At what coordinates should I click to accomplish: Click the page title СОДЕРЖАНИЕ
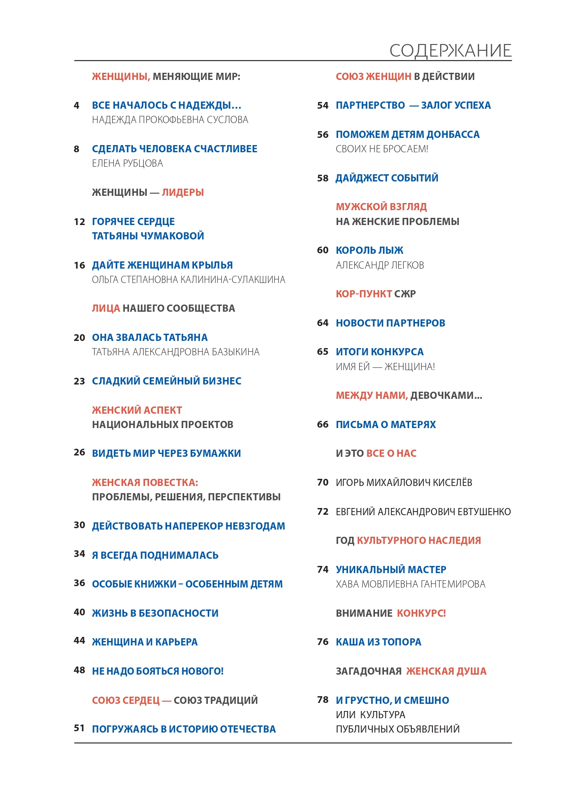[450, 51]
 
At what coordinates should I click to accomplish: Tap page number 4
[76, 106]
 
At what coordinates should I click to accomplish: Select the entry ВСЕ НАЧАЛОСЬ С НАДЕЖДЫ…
[167, 106]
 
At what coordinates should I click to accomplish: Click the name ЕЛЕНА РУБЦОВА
[128, 163]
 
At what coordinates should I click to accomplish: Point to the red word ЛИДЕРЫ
[183, 193]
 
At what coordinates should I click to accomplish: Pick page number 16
[79, 265]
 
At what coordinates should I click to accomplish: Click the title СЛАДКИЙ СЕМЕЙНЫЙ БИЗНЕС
[167, 381]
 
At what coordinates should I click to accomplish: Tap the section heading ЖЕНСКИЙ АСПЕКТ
[137, 410]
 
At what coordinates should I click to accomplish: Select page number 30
[79, 525]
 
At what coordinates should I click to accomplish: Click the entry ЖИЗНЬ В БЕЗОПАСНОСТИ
[155, 614]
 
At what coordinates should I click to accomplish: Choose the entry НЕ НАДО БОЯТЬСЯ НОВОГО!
[158, 671]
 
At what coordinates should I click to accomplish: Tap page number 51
[79, 728]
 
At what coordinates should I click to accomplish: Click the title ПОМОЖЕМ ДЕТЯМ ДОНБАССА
[407, 135]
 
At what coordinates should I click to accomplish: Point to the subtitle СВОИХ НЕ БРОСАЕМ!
[382, 149]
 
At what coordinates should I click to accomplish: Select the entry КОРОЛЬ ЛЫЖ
[370, 251]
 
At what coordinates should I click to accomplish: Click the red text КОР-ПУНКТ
[364, 294]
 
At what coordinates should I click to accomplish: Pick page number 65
[323, 352]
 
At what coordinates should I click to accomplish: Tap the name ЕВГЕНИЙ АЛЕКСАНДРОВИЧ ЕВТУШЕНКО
[423, 512]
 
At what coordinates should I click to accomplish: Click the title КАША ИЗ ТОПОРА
[379, 642]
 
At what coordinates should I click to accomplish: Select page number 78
[323, 700]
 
